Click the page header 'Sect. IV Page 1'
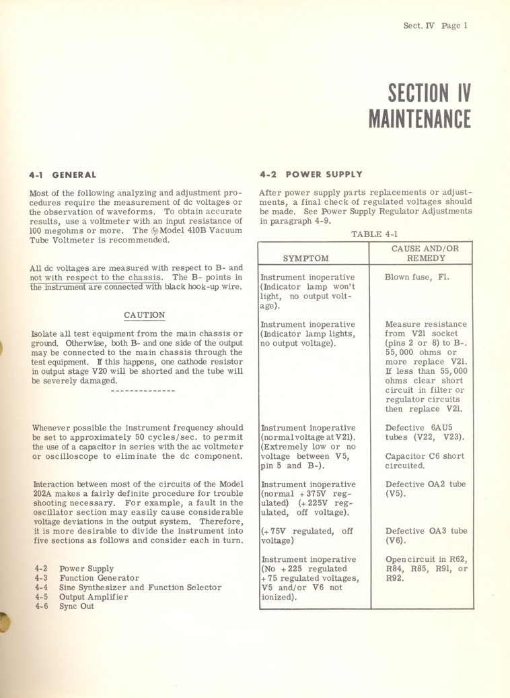[435, 26]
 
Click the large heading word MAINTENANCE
[419, 119]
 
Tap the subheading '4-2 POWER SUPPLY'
[310, 174]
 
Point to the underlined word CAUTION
[145, 315]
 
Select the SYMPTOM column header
[305, 258]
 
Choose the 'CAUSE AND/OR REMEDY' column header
[425, 253]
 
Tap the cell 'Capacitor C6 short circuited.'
[425, 460]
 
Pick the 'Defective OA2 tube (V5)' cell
[425, 488]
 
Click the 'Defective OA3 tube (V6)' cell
[425, 536]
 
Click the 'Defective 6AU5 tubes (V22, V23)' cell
[425, 432]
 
